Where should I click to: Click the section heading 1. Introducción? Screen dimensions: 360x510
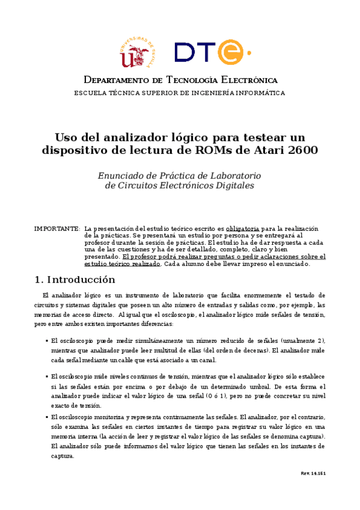click(x=75, y=280)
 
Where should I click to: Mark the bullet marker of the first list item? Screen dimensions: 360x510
click(x=47, y=340)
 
